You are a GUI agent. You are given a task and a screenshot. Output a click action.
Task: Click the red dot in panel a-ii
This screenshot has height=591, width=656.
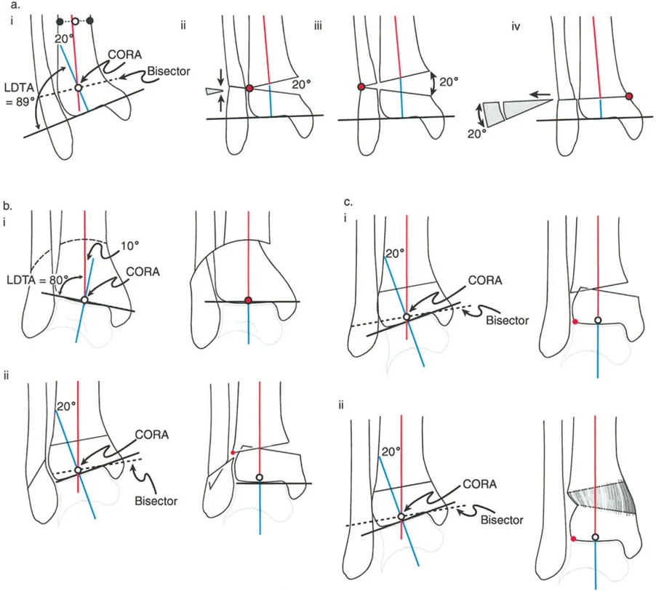[249, 88]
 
